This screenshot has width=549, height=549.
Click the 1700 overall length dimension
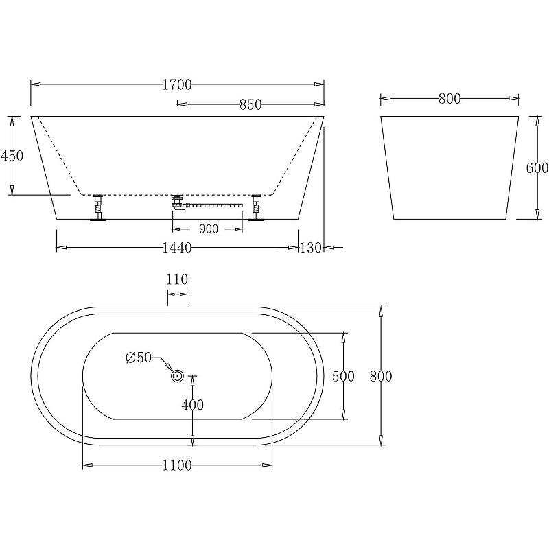click(x=177, y=85)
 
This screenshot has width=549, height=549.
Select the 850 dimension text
click(x=250, y=105)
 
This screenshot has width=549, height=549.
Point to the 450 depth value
click(x=12, y=156)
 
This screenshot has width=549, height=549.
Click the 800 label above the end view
click(x=449, y=100)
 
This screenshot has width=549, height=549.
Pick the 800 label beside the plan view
click(x=380, y=376)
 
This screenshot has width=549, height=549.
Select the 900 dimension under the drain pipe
click(x=208, y=229)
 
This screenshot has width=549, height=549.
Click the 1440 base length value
click(x=176, y=248)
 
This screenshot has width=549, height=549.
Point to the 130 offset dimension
click(x=311, y=248)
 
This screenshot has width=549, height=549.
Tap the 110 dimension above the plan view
click(x=177, y=279)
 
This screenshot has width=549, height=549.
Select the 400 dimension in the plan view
click(x=192, y=405)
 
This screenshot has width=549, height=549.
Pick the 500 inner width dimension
click(x=343, y=376)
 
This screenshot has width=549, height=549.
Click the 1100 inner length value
click(x=178, y=466)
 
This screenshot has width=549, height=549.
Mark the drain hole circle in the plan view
click(x=177, y=375)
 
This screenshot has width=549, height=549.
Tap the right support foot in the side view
click(x=257, y=207)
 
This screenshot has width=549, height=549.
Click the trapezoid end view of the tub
click(x=449, y=168)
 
